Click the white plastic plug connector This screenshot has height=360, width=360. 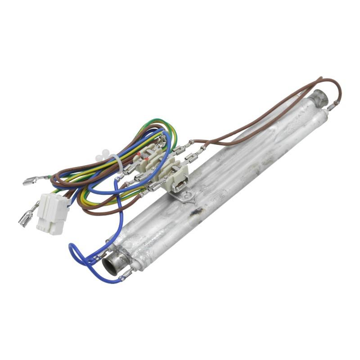point(53,214)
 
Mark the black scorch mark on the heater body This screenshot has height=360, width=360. point(197,211)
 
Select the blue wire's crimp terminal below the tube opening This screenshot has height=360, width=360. point(123,274)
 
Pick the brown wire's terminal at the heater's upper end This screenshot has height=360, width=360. point(332,107)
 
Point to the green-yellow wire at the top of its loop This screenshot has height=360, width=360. point(153,121)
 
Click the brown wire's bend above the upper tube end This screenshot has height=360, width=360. point(335,85)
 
